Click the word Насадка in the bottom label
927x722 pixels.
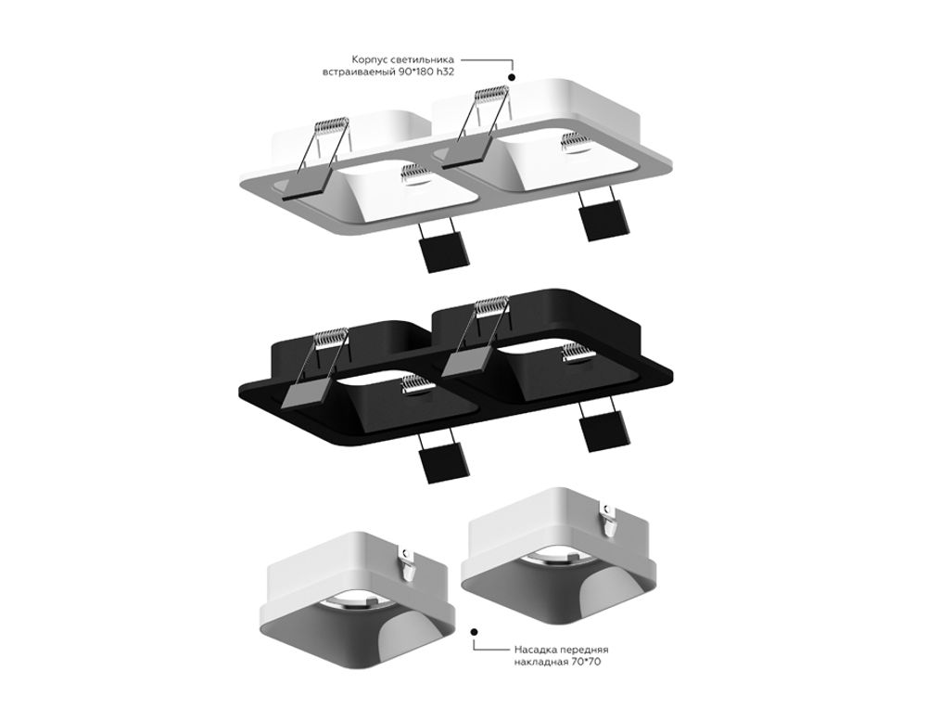[534, 652]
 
